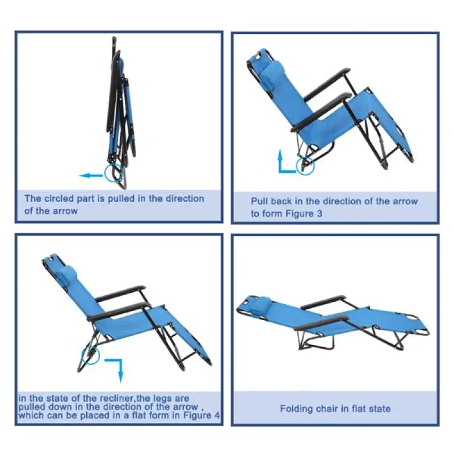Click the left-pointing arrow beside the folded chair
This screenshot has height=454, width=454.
click(90, 175)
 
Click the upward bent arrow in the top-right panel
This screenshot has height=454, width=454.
click(284, 160)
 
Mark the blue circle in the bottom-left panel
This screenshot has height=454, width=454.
click(91, 356)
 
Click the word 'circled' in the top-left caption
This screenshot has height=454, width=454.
click(61, 199)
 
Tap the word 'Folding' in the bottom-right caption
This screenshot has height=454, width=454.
click(296, 408)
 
